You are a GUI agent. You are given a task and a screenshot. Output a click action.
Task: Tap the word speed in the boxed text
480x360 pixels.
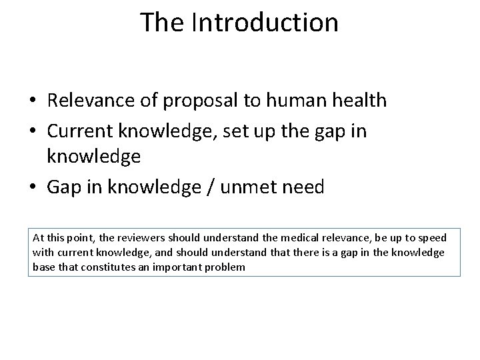[x=433, y=238]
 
